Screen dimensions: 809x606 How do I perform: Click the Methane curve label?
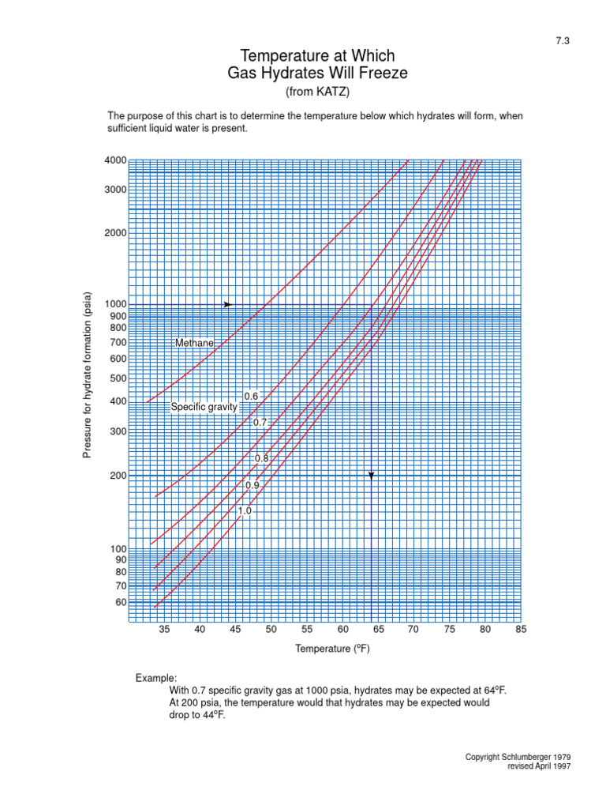[x=194, y=344]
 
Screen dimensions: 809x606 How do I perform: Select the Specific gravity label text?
[x=204, y=407]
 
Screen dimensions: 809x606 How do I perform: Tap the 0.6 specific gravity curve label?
[x=251, y=396]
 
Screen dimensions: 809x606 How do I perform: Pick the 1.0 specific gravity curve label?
[x=245, y=511]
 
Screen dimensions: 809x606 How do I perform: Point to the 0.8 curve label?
[x=261, y=458]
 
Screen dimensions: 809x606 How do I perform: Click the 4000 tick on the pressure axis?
[x=115, y=160]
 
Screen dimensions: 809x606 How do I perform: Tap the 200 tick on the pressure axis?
[x=118, y=476]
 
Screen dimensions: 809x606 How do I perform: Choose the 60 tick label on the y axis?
[x=120, y=602]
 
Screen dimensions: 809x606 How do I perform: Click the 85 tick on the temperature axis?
[x=521, y=630]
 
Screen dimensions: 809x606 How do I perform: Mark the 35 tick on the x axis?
[x=164, y=630]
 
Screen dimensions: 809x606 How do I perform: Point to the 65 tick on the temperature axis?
[x=378, y=630]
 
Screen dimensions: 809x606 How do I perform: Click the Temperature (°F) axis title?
[x=332, y=649]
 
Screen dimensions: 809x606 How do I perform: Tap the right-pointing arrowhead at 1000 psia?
[x=227, y=304]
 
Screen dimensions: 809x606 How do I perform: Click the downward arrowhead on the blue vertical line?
[x=371, y=475]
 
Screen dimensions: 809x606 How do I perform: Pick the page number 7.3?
[x=562, y=43]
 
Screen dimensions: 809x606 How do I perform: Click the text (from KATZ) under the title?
[x=316, y=92]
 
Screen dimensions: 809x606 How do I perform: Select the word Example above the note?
[x=156, y=679]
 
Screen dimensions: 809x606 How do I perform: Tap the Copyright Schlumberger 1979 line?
[x=518, y=757]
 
